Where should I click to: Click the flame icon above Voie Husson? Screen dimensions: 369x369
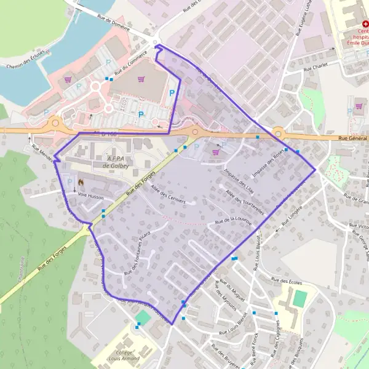tap(80, 183)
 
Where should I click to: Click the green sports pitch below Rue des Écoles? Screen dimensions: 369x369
tap(300, 298)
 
